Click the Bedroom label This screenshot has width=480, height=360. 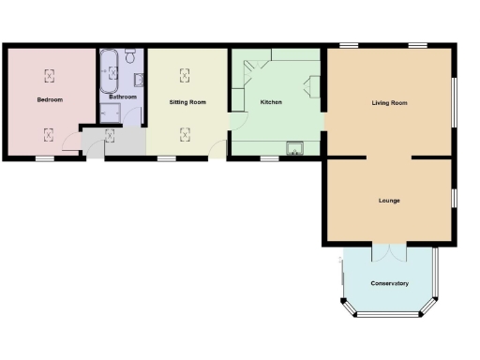click(50, 98)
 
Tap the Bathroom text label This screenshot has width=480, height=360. click(123, 97)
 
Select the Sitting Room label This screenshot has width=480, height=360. click(187, 101)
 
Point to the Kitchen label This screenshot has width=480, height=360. click(271, 101)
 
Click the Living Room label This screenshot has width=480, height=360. click(389, 102)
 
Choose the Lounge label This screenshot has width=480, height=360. click(389, 201)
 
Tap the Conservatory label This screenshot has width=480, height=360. click(389, 283)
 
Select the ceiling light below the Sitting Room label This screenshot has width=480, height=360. click(186, 133)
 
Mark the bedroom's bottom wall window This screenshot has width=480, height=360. click(44, 159)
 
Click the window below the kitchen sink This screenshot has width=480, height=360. click(269, 159)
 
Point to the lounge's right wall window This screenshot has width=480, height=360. click(455, 199)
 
